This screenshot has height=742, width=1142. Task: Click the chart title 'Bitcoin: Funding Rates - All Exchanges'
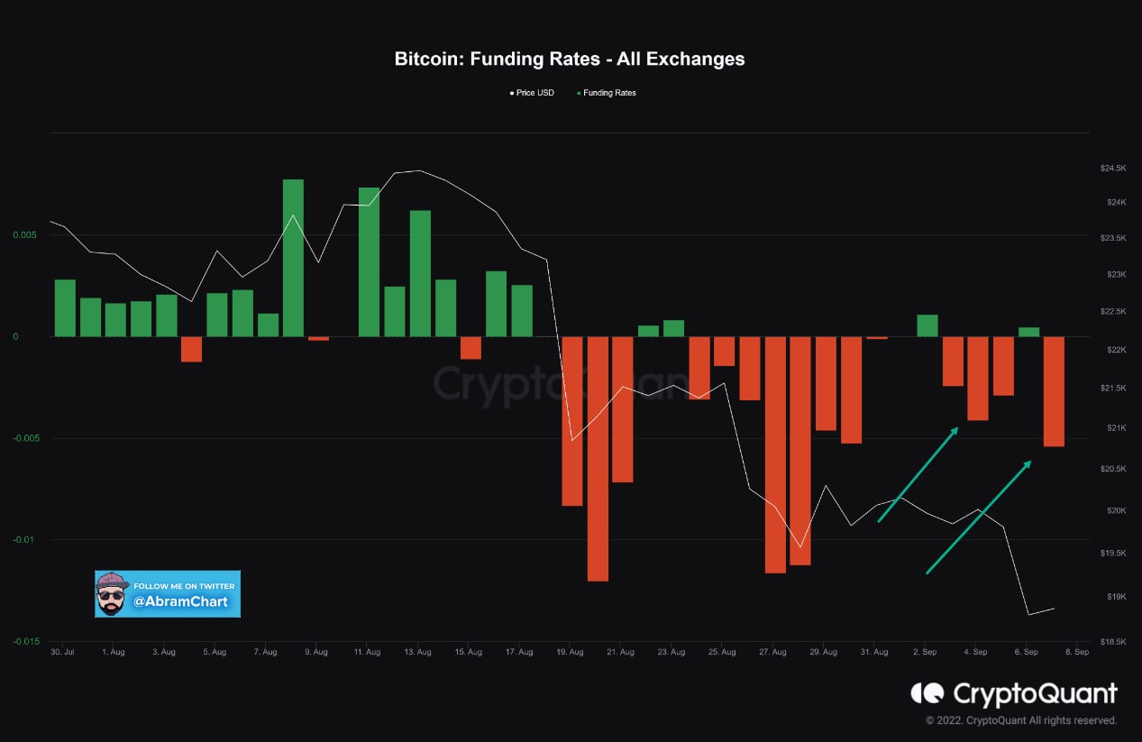(x=570, y=60)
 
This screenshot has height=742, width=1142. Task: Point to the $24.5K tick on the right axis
(x=1113, y=169)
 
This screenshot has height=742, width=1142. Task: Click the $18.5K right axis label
(x=1113, y=641)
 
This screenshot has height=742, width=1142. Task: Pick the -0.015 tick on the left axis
(x=26, y=641)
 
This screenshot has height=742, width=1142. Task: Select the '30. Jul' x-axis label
(x=62, y=651)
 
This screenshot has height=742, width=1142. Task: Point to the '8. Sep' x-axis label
(x=1077, y=651)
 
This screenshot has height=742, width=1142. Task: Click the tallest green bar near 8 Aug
(x=293, y=257)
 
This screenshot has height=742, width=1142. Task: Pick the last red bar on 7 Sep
(x=1054, y=391)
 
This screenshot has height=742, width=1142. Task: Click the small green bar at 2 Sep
(x=927, y=325)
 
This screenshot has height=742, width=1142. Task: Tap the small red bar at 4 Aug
(x=191, y=349)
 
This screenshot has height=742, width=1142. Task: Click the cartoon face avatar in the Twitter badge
(x=112, y=594)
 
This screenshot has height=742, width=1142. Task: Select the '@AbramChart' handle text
(x=181, y=600)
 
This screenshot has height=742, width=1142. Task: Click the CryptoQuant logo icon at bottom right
(x=927, y=693)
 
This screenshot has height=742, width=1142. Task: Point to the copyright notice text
(x=1021, y=720)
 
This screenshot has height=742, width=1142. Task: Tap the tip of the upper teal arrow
(x=956, y=428)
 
